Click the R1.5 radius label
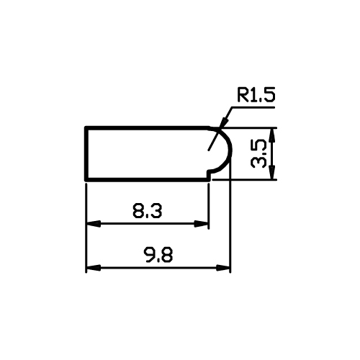pos(256,95)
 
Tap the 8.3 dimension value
pos(147,211)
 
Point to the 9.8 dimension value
pos(158,256)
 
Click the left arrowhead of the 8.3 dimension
pos(93,224)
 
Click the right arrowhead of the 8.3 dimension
pos(202,224)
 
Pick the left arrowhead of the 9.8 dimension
pos(93,268)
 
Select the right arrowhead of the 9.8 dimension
pos(223,268)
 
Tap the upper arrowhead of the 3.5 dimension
pos(272,135)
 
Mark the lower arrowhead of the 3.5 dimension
pos(272,172)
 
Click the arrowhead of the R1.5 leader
pos(224,122)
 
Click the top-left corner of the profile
pos(86,127)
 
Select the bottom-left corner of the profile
pos(86,179)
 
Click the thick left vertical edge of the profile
pos(86,153)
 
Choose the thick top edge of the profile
pos(147,127)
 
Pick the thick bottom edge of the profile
pos(148,179)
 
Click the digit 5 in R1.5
pos(270,95)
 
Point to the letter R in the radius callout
pos(243,95)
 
